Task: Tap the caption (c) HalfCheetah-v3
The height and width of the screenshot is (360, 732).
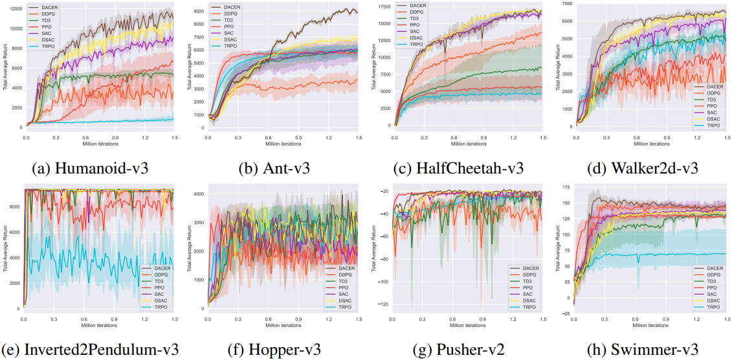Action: (458, 168)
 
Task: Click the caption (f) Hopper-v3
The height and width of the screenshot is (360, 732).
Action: (274, 350)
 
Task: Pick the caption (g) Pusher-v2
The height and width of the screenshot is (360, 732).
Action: (458, 350)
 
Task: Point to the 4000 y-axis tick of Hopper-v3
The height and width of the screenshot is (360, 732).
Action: (198, 194)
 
